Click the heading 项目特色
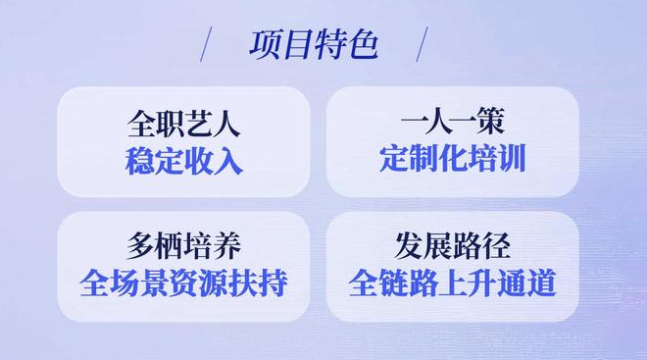(x=313, y=45)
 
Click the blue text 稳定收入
(x=183, y=160)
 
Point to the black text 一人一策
(x=452, y=125)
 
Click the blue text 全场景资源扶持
(x=183, y=282)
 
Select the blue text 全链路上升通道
(x=452, y=283)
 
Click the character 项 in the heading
(x=266, y=45)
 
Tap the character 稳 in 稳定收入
(x=139, y=160)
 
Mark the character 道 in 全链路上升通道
(x=540, y=283)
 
